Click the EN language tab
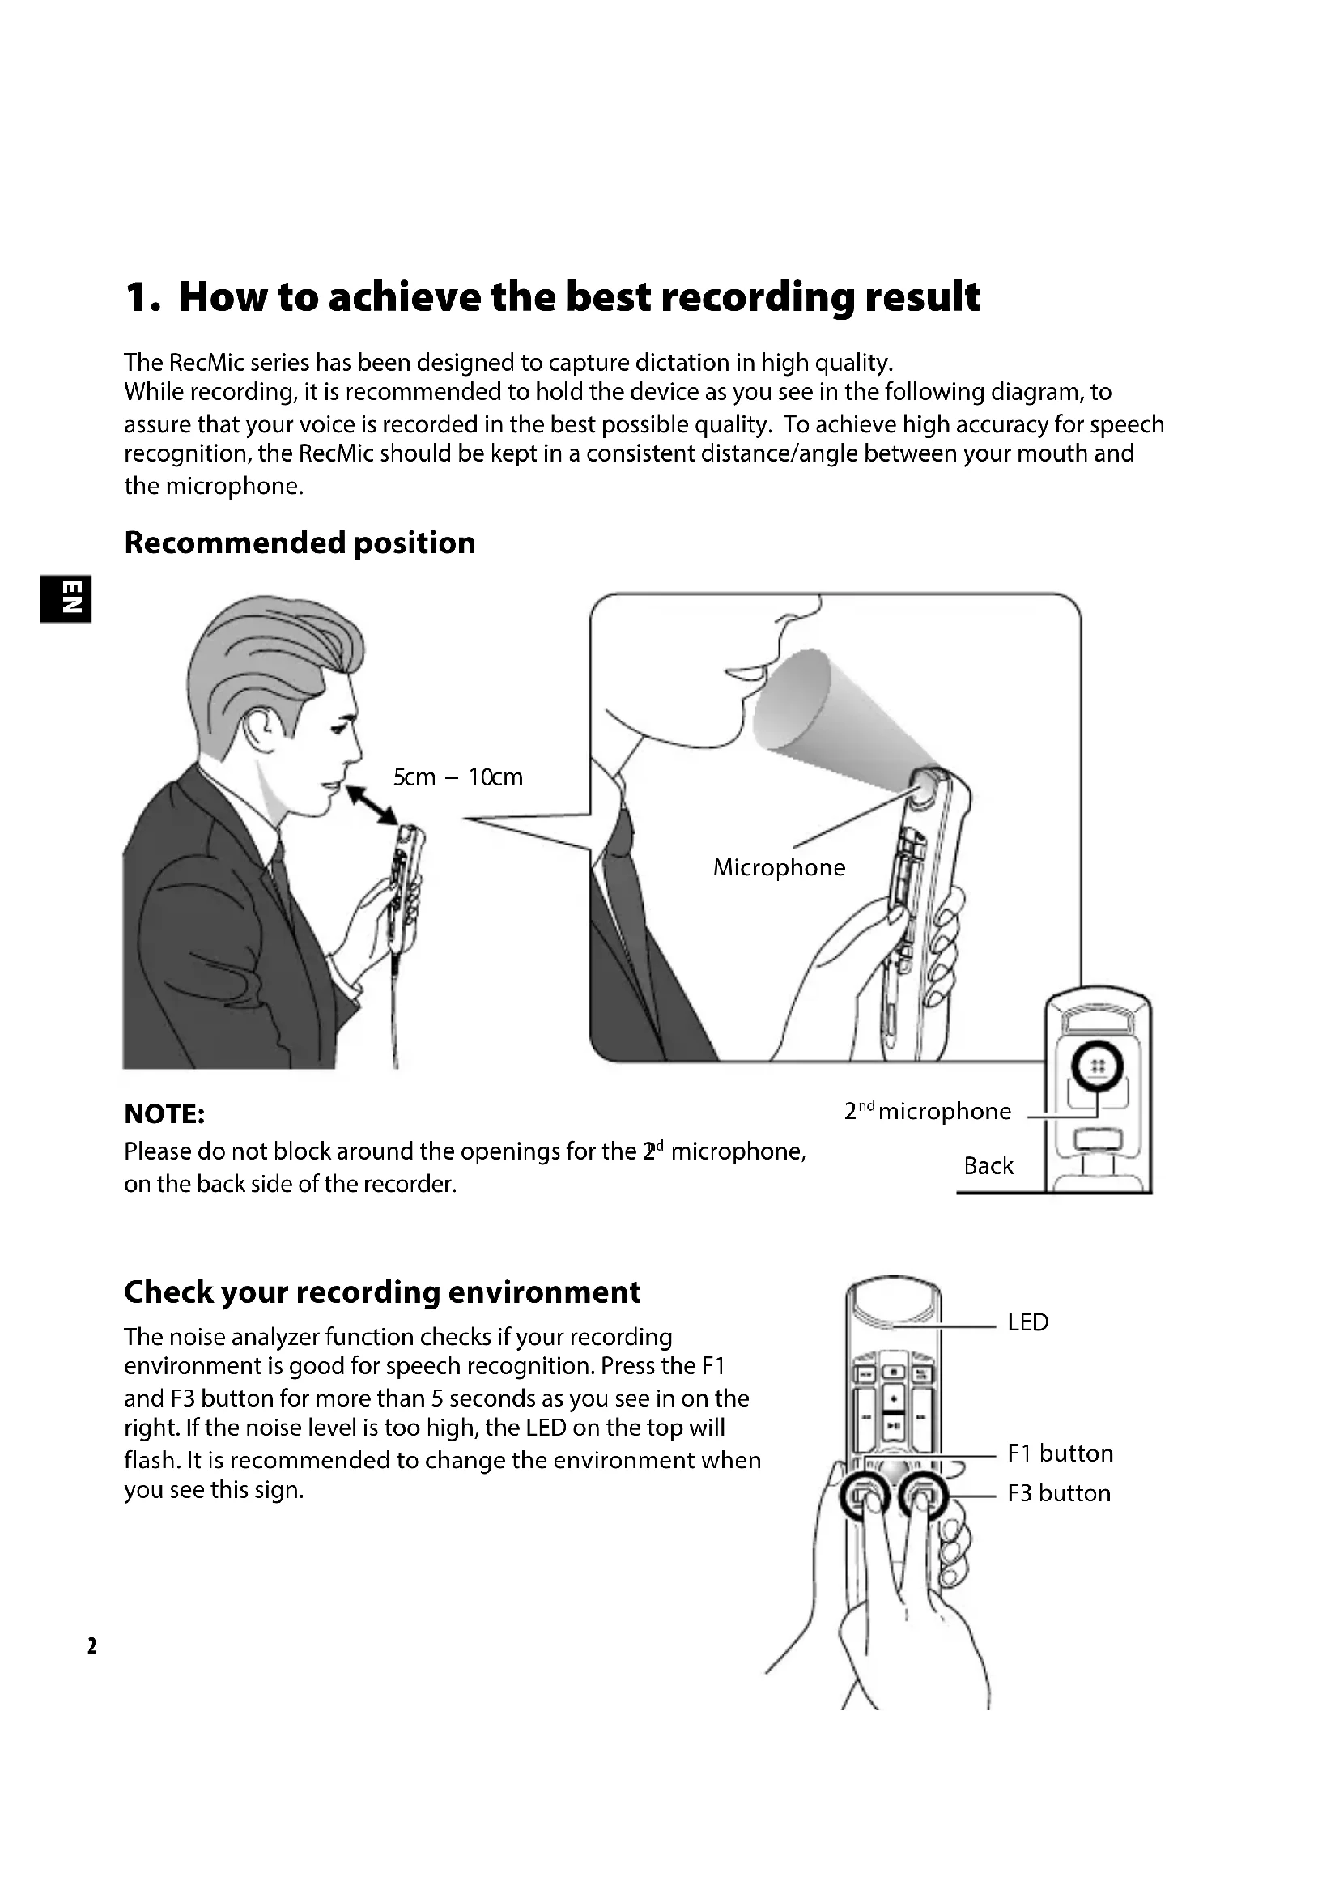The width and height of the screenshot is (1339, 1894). [x=65, y=598]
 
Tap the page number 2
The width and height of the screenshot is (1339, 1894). [x=91, y=1645]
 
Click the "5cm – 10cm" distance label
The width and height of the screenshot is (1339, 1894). [x=457, y=777]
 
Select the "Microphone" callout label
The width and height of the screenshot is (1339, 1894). [x=779, y=868]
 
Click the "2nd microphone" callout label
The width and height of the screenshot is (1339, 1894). [x=927, y=1112]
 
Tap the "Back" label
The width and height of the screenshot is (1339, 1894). [x=988, y=1165]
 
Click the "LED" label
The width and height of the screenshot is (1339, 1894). [x=1027, y=1322]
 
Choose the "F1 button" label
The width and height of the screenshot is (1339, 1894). [x=1060, y=1453]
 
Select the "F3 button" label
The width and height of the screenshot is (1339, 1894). [x=1059, y=1493]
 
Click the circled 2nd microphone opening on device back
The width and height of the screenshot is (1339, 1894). [x=1097, y=1066]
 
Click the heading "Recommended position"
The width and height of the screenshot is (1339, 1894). [x=300, y=543]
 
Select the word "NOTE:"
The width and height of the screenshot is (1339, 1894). [x=164, y=1114]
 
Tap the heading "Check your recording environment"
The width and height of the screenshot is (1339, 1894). [x=382, y=1292]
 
